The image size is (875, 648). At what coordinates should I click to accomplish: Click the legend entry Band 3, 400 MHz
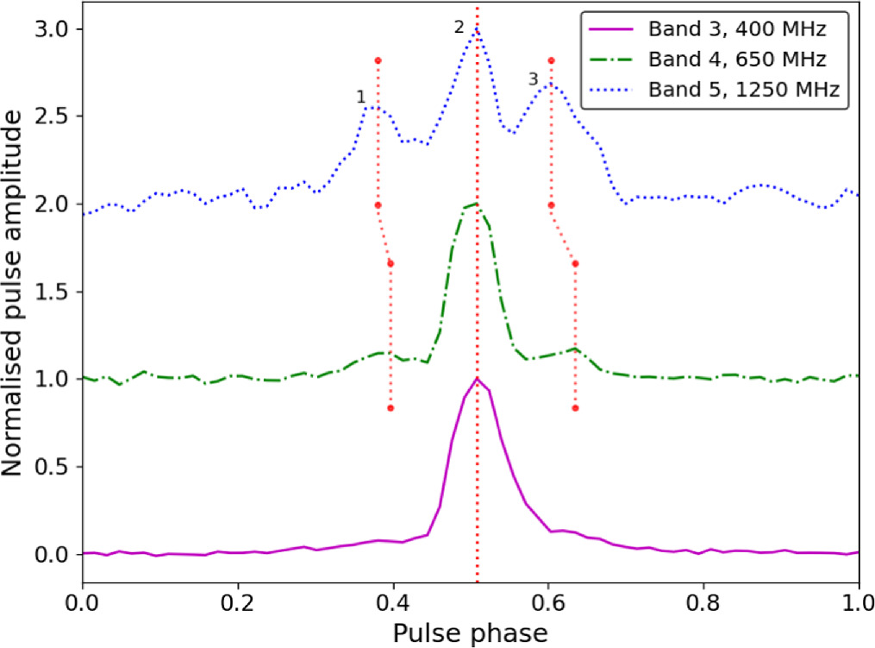[x=737, y=31]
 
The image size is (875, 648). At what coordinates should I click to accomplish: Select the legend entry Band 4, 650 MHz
[x=737, y=60]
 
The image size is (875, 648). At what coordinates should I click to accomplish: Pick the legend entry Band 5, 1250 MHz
[x=743, y=88]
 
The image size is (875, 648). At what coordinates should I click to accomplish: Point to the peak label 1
[x=361, y=97]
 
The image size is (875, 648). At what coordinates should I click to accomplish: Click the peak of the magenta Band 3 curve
[x=476, y=378]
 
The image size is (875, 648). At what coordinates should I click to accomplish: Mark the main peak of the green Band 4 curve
[x=475, y=204]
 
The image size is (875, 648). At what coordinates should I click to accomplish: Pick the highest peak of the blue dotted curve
[x=476, y=29]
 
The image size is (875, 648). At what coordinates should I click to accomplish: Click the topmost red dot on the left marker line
[x=378, y=60]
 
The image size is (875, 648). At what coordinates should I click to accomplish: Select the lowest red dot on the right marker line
[x=575, y=408]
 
